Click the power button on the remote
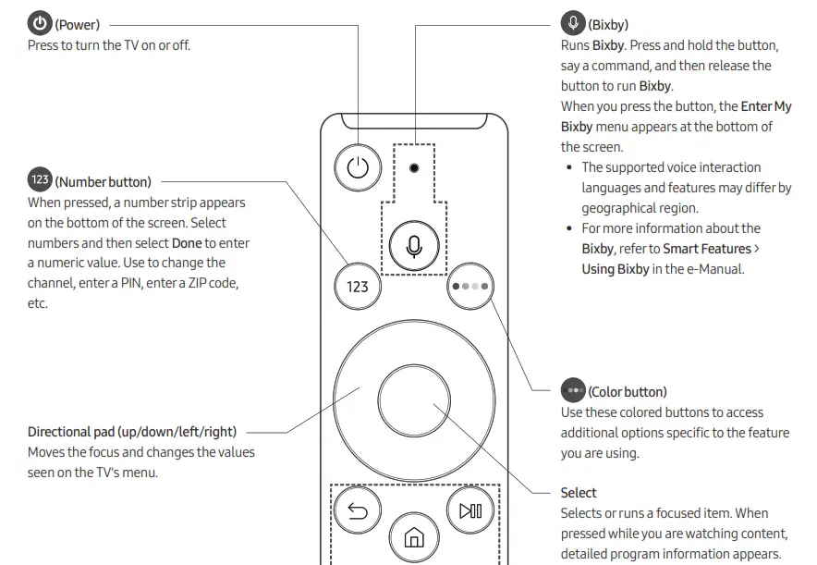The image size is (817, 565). point(358,168)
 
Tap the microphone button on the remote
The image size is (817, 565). point(413,245)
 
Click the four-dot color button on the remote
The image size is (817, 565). point(469,286)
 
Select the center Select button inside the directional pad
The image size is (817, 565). point(413,399)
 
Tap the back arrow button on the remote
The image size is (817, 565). point(357,510)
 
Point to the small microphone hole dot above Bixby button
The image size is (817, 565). point(413,168)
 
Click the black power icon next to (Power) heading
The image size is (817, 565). point(40,24)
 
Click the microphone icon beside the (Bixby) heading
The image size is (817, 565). point(573,24)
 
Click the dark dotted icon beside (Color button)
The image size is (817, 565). point(573,391)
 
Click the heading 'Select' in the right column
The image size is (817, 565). point(579,493)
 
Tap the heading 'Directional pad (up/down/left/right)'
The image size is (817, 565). point(132,432)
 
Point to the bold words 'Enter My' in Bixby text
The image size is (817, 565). point(765,106)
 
